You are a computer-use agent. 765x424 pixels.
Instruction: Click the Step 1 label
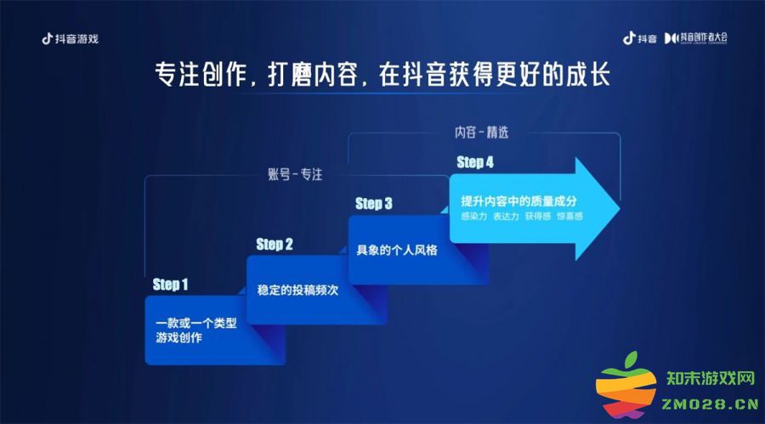[170, 285]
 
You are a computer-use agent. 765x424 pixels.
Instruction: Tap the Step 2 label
[275, 245]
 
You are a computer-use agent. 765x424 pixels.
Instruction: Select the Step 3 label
[374, 203]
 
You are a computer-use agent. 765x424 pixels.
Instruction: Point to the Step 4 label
[475, 162]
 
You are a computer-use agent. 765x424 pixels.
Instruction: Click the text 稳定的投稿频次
[297, 291]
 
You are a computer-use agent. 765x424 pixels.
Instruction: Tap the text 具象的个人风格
[397, 251]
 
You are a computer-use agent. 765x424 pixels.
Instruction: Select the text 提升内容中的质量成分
[518, 201]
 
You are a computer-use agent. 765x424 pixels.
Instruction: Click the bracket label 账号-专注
[295, 174]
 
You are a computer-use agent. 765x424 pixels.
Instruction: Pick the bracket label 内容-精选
[482, 133]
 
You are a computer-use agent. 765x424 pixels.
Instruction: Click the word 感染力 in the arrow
[473, 216]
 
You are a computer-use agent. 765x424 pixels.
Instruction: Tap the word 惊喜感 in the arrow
[569, 216]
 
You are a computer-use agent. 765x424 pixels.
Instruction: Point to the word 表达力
[506, 216]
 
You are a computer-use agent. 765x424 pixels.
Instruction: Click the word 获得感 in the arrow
[538, 216]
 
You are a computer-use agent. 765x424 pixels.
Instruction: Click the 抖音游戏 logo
[71, 38]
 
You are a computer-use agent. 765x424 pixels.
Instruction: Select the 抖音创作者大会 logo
[695, 38]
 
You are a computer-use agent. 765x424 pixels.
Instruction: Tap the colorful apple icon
[626, 386]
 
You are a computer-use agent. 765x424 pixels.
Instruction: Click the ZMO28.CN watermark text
[711, 404]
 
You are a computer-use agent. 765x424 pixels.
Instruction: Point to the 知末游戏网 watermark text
[711, 378]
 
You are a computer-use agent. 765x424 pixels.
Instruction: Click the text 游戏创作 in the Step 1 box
[178, 337]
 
